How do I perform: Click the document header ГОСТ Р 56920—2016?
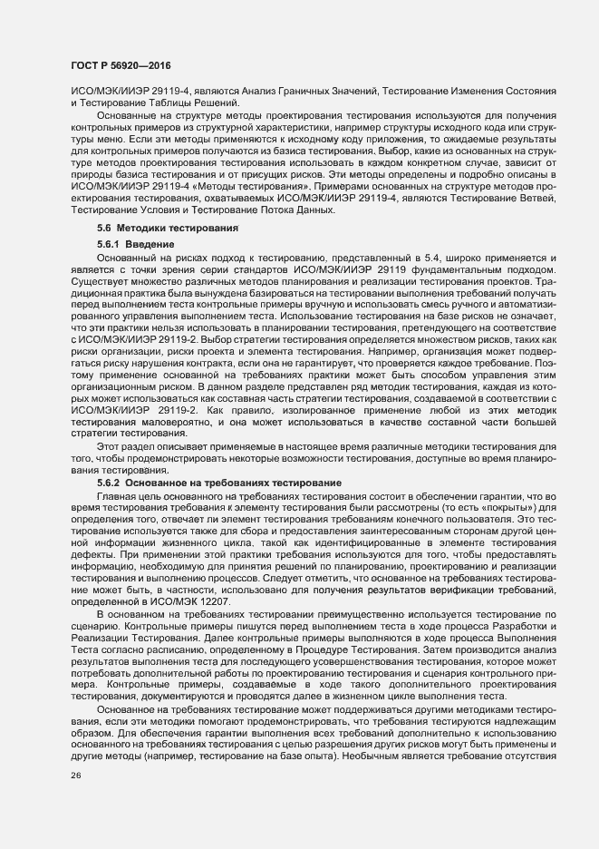pyautogui.click(x=121, y=66)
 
